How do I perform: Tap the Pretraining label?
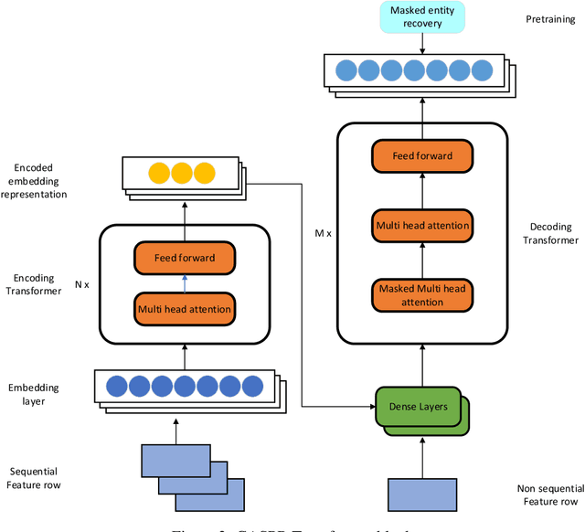tap(550, 17)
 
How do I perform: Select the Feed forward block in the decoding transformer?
tap(422, 155)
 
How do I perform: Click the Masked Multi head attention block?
tap(422, 294)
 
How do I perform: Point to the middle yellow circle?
tap(179, 173)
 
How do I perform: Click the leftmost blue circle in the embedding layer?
tap(117, 385)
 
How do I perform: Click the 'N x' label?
tap(81, 284)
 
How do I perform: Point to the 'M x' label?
tap(322, 233)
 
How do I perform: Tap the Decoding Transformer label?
tap(554, 233)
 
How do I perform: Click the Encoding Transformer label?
tap(34, 284)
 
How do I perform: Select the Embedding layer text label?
tap(34, 394)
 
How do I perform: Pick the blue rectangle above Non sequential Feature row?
tap(422, 494)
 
